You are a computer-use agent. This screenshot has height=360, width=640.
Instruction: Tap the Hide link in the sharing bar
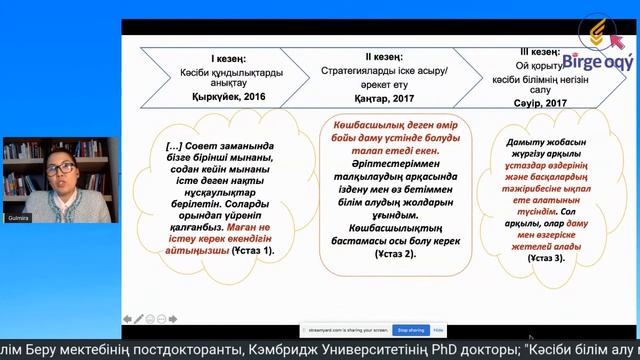coord(438,328)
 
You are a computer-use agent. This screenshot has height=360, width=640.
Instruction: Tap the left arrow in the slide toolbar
coord(127,319)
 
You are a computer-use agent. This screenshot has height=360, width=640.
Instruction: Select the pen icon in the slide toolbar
coord(138,319)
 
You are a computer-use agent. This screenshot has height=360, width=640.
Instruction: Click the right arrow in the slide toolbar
coord(171,319)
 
